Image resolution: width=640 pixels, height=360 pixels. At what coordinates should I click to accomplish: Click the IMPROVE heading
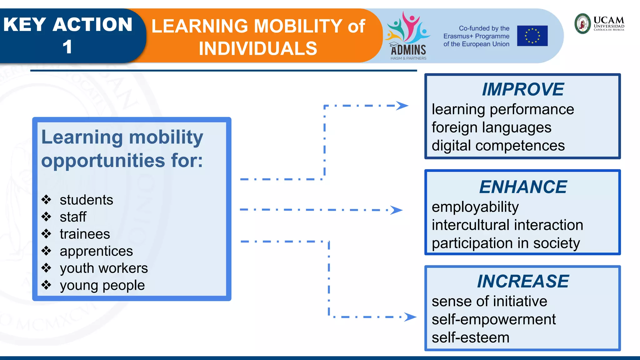(522, 89)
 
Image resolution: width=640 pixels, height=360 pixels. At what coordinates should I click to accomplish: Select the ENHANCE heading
(523, 187)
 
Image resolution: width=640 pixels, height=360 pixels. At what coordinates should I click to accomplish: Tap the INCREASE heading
(523, 281)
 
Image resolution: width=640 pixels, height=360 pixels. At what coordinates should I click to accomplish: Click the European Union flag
(532, 36)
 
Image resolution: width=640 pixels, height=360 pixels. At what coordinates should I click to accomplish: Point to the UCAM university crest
(582, 23)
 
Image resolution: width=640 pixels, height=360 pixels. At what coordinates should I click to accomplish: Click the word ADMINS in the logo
(408, 50)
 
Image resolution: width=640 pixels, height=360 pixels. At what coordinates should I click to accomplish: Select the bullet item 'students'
(86, 200)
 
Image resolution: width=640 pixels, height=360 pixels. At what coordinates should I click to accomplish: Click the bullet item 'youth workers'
(104, 268)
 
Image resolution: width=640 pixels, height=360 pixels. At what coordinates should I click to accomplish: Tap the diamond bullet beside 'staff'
(46, 217)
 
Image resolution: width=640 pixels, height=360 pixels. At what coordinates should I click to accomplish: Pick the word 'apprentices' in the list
(96, 251)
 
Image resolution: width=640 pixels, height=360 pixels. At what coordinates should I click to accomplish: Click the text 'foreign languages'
(491, 127)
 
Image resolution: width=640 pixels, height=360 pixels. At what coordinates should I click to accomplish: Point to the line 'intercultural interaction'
(507, 225)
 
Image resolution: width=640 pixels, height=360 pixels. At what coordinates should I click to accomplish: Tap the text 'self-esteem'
(470, 337)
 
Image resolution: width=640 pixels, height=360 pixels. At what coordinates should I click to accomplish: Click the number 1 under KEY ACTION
(67, 47)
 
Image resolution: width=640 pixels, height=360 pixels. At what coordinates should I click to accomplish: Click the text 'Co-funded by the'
(484, 28)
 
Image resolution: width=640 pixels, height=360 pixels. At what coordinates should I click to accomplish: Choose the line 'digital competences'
(498, 146)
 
